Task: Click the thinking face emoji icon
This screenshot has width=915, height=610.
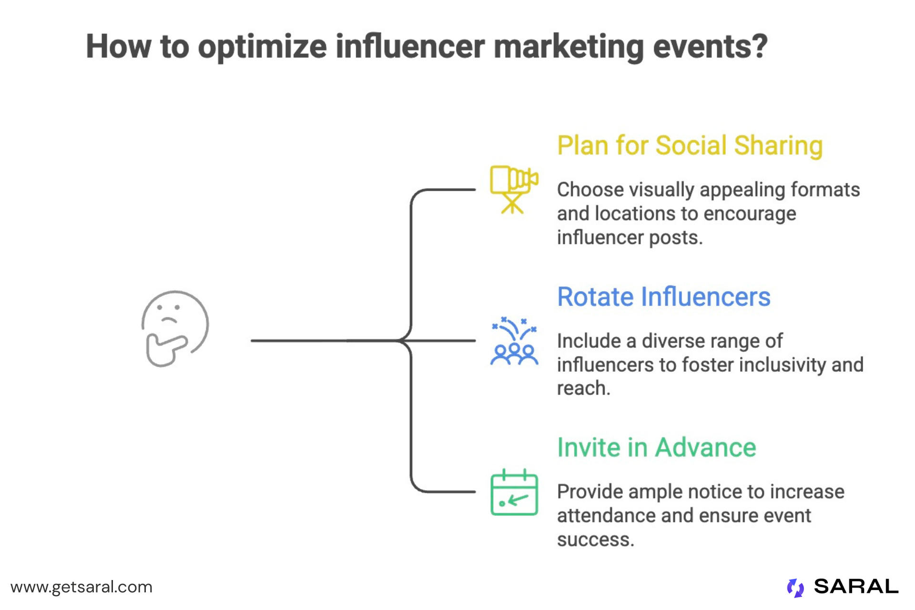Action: [x=175, y=328]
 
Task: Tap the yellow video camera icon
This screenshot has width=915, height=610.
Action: [x=514, y=189]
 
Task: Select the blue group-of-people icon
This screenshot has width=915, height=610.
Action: [x=514, y=342]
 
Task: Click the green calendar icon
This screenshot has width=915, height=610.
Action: [x=514, y=493]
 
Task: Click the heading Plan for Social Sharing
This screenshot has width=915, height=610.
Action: [x=690, y=145]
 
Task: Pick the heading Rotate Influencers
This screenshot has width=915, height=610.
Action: [x=663, y=297]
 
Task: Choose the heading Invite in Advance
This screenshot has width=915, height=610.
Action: [x=656, y=447]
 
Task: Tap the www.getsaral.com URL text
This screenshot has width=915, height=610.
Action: [x=81, y=587]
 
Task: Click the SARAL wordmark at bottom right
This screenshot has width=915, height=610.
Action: [x=856, y=587]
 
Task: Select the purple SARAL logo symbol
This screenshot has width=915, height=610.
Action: [x=795, y=588]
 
